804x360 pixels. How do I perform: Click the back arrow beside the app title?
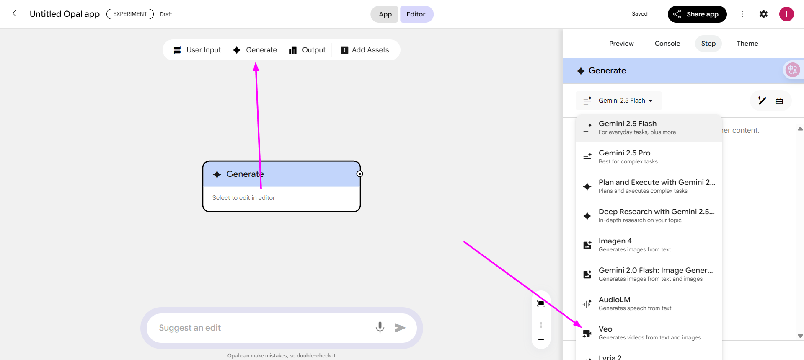coord(16,13)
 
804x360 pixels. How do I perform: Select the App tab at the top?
coord(385,14)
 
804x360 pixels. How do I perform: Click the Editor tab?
coord(416,14)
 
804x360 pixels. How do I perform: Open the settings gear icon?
coord(763,14)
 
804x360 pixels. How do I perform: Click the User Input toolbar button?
coord(197,50)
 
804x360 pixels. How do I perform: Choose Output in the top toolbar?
coord(307,50)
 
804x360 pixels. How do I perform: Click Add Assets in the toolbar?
coord(365,50)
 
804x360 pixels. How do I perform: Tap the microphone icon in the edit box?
coord(380,327)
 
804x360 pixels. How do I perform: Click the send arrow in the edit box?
coord(400,328)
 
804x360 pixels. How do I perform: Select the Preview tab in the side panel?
coord(621,44)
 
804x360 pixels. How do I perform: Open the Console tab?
coord(667,44)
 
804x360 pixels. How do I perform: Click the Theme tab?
coord(747,44)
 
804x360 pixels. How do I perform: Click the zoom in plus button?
coord(541,325)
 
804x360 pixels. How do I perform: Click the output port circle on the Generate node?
coord(359,174)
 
